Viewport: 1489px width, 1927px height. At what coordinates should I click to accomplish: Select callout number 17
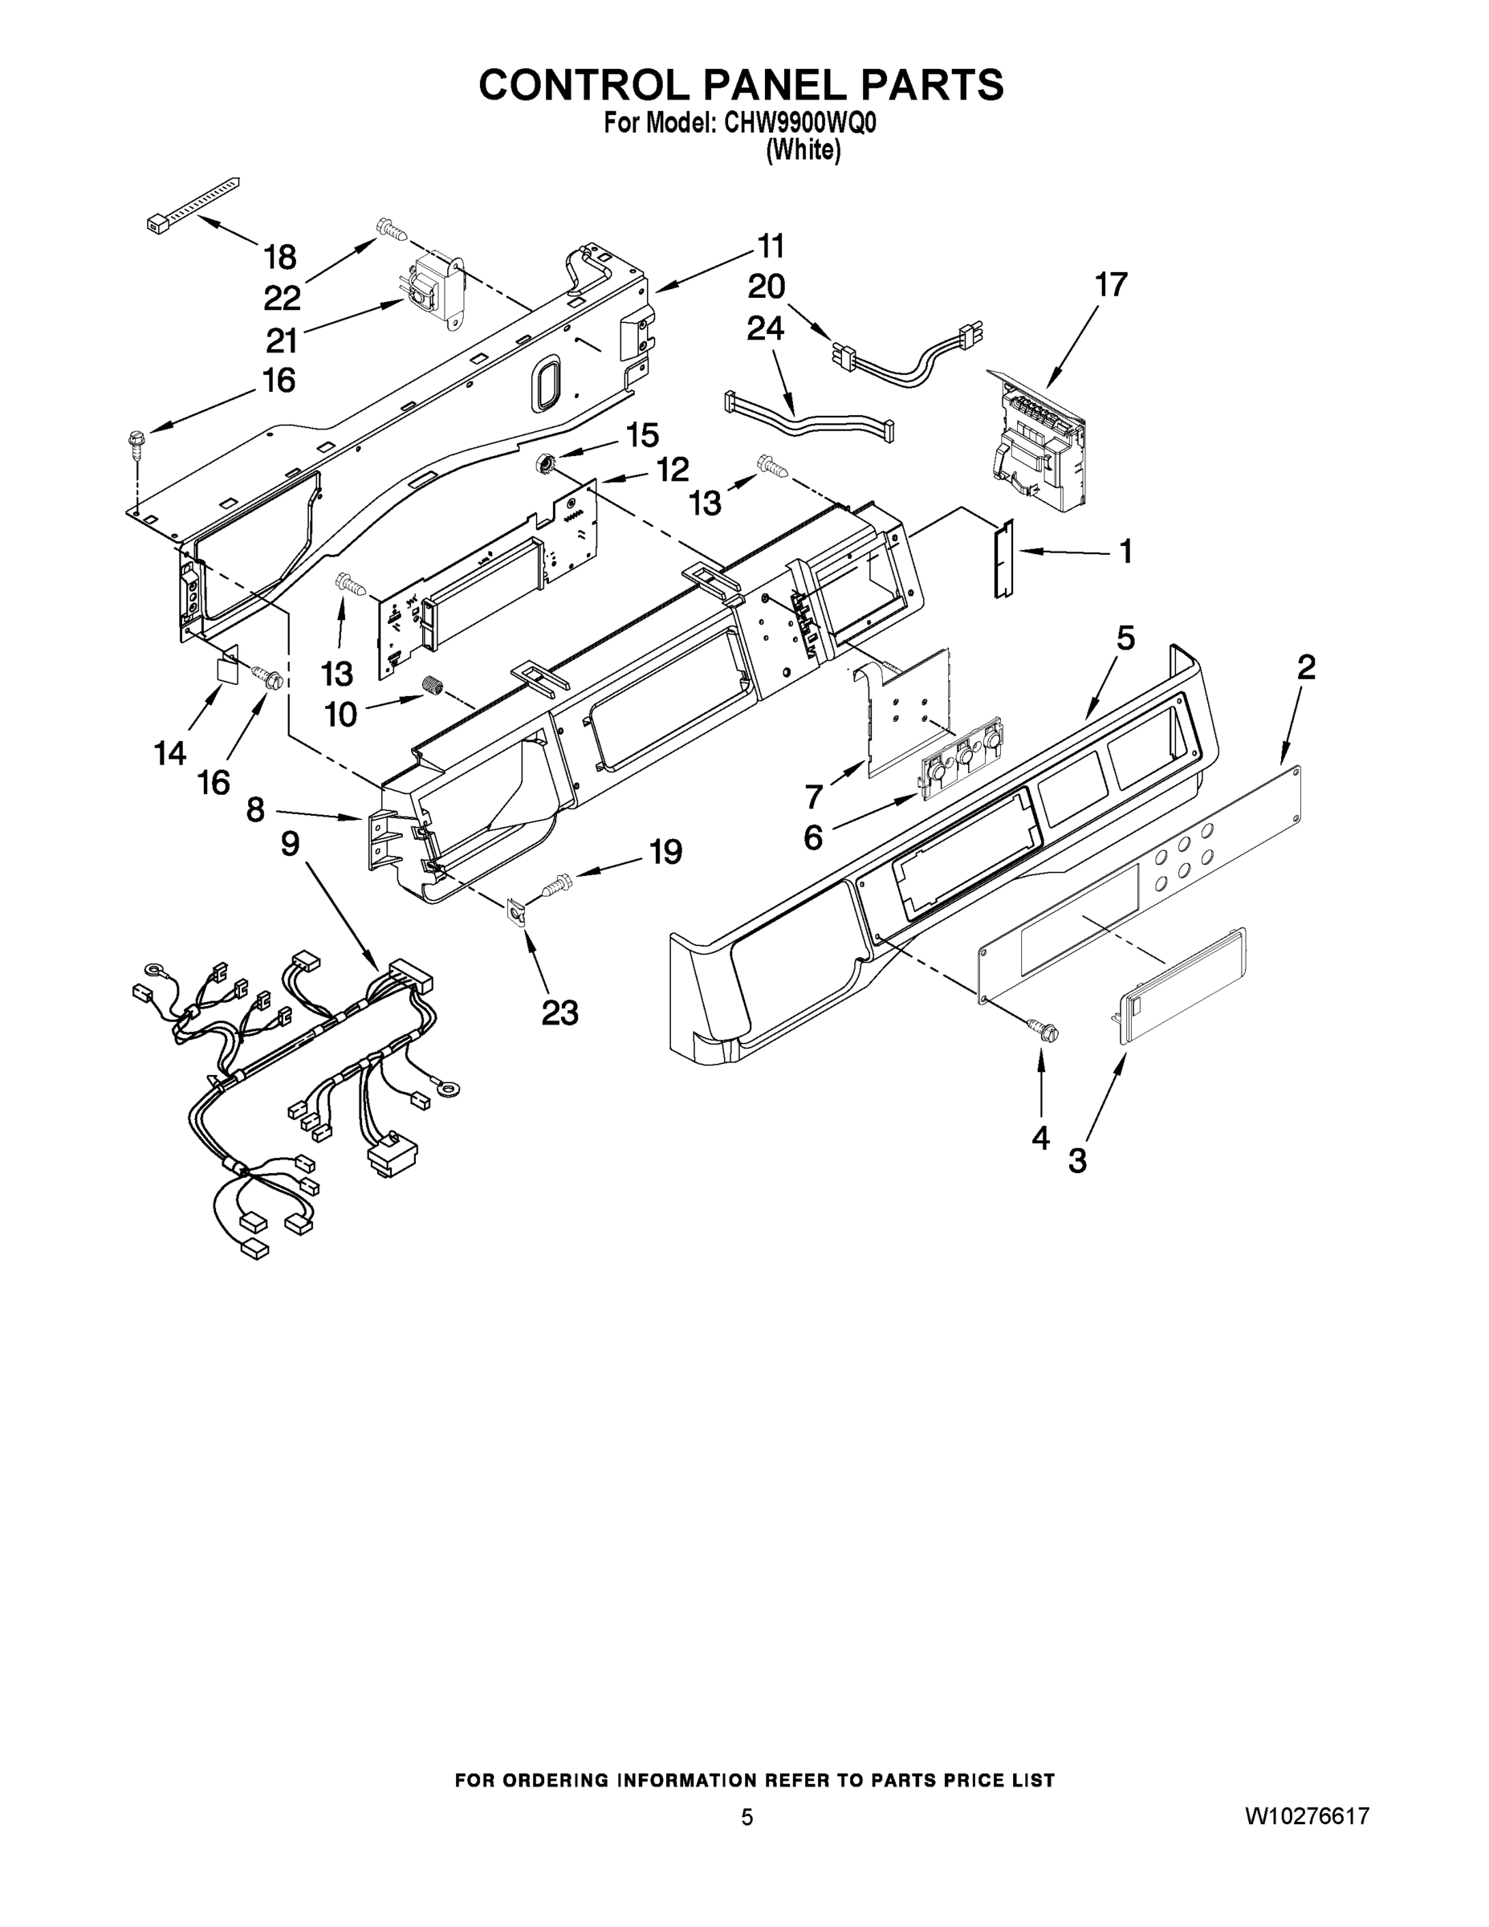pyautogui.click(x=1111, y=285)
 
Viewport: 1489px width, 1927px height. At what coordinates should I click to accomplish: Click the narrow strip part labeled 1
pyautogui.click(x=1003, y=559)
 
